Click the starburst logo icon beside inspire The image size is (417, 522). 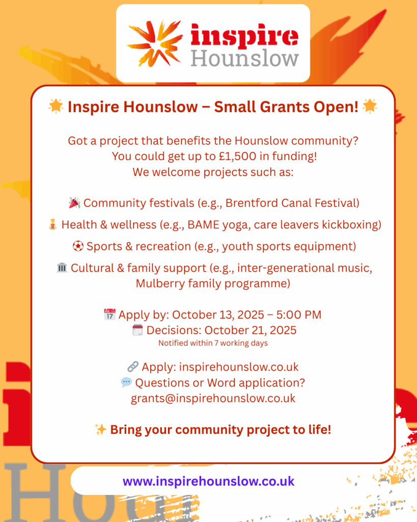coord(155,43)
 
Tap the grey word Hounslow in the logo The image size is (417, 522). coord(245,59)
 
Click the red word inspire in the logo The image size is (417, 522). coord(244,35)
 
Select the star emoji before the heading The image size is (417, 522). coord(56,107)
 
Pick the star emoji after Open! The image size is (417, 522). coord(370,107)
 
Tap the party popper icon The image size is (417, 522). coord(74,203)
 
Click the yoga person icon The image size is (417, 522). coord(53,224)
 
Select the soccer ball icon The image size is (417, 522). coord(78,246)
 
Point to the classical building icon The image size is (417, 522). coord(62,268)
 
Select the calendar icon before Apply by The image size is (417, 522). coord(110,314)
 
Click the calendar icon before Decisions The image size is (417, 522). coord(137,330)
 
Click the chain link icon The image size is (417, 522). coord(133,367)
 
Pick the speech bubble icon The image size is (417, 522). coord(126,382)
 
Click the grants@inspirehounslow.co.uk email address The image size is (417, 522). coord(213,399)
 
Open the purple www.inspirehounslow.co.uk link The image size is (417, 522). coord(209,481)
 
